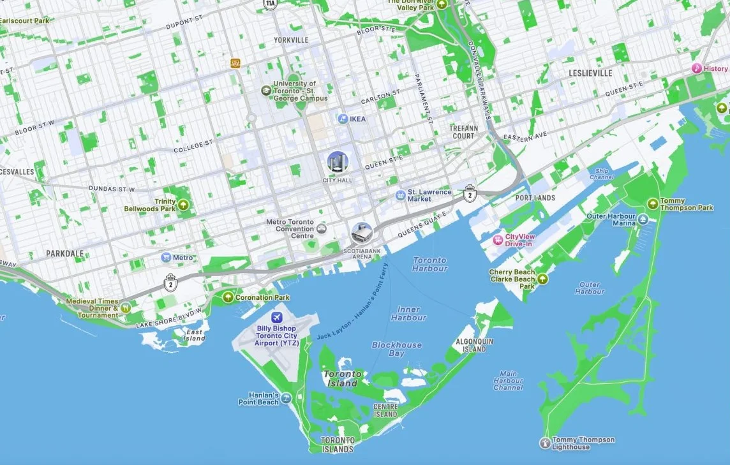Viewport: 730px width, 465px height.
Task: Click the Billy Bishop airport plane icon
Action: pos(276,318)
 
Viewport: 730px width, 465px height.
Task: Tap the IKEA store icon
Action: pos(343,119)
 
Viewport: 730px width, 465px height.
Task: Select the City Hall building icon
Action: pos(338,162)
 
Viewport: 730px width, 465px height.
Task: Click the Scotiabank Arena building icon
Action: pos(362,233)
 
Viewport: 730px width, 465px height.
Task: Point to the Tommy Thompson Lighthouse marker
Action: pos(544,443)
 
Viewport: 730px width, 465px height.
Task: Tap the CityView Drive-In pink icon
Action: pos(498,240)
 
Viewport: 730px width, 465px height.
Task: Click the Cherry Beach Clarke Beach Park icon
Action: pos(542,279)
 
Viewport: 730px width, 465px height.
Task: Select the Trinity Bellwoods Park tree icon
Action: pos(184,205)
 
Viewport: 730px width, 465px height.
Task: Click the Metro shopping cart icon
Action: pos(166,258)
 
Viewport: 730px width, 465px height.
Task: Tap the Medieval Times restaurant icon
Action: pos(126,307)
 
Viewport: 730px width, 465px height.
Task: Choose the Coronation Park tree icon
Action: pos(228,297)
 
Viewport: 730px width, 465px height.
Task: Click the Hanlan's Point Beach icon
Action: pos(286,399)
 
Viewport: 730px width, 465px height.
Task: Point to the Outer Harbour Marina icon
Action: pos(643,220)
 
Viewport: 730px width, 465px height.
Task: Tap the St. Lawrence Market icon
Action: pos(400,195)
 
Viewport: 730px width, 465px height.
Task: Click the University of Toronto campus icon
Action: pos(265,91)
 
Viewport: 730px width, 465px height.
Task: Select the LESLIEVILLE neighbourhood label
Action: pos(590,73)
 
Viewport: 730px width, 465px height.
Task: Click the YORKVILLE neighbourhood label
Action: pos(291,40)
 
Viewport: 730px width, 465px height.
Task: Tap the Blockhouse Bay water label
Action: pos(397,349)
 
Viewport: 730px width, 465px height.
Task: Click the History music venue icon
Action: pos(696,68)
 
